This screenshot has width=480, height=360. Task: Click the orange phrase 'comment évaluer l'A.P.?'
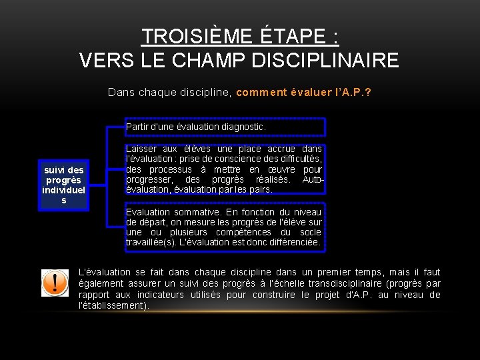click(x=304, y=93)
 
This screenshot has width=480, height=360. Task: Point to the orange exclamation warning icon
click(x=55, y=283)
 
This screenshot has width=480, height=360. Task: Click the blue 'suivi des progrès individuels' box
click(x=63, y=185)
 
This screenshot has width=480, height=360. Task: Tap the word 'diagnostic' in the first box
click(x=244, y=126)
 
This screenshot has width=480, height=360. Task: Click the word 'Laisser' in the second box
click(x=141, y=149)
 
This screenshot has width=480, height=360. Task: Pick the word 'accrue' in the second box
click(x=279, y=149)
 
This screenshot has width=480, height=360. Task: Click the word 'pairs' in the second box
click(x=261, y=189)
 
